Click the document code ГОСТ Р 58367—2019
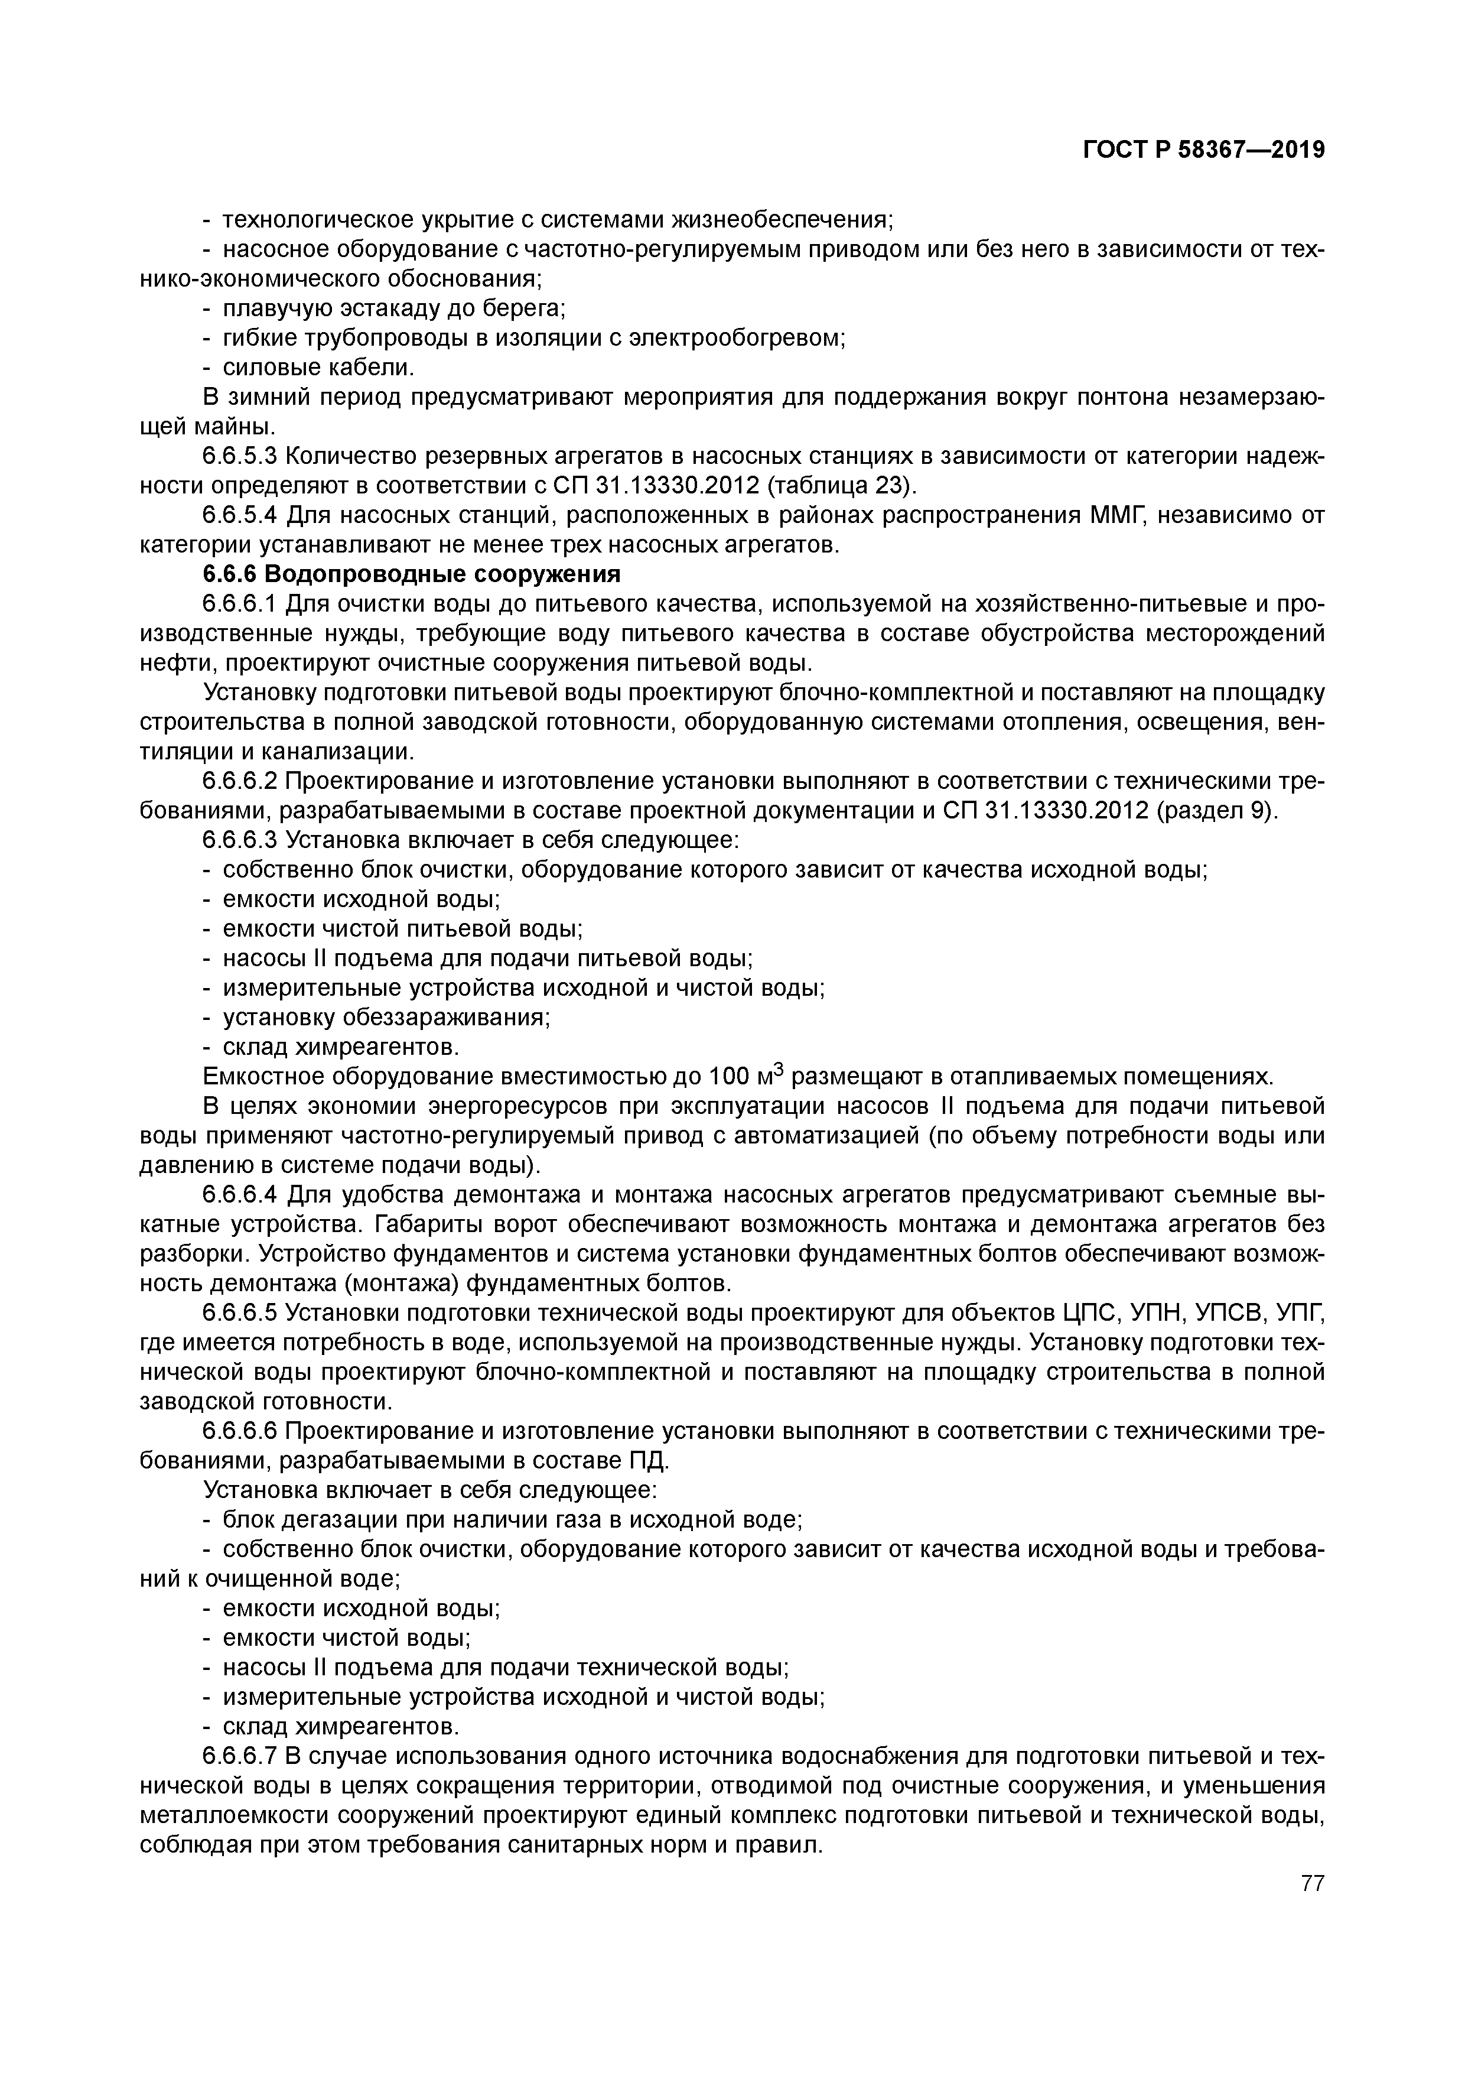1203,151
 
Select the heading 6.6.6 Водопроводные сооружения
412,574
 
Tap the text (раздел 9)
1216,811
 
